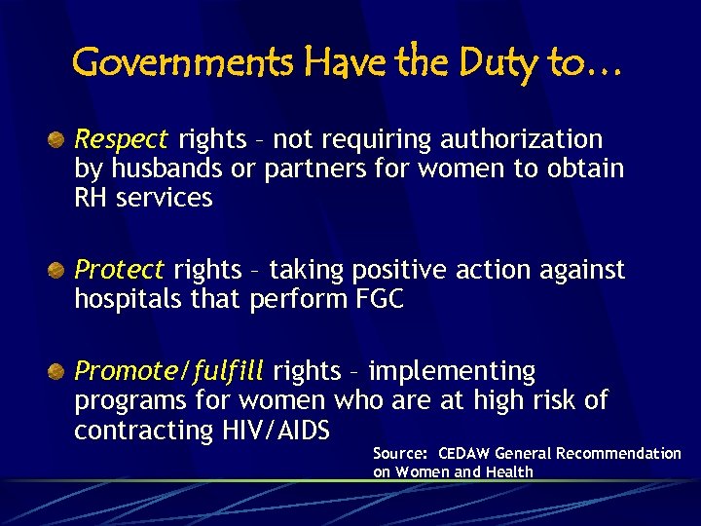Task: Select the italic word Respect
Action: [122, 140]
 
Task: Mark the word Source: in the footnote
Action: [400, 454]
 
